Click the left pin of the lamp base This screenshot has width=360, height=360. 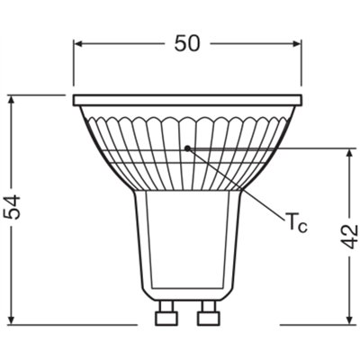165,317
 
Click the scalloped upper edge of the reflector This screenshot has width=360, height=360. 187,117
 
